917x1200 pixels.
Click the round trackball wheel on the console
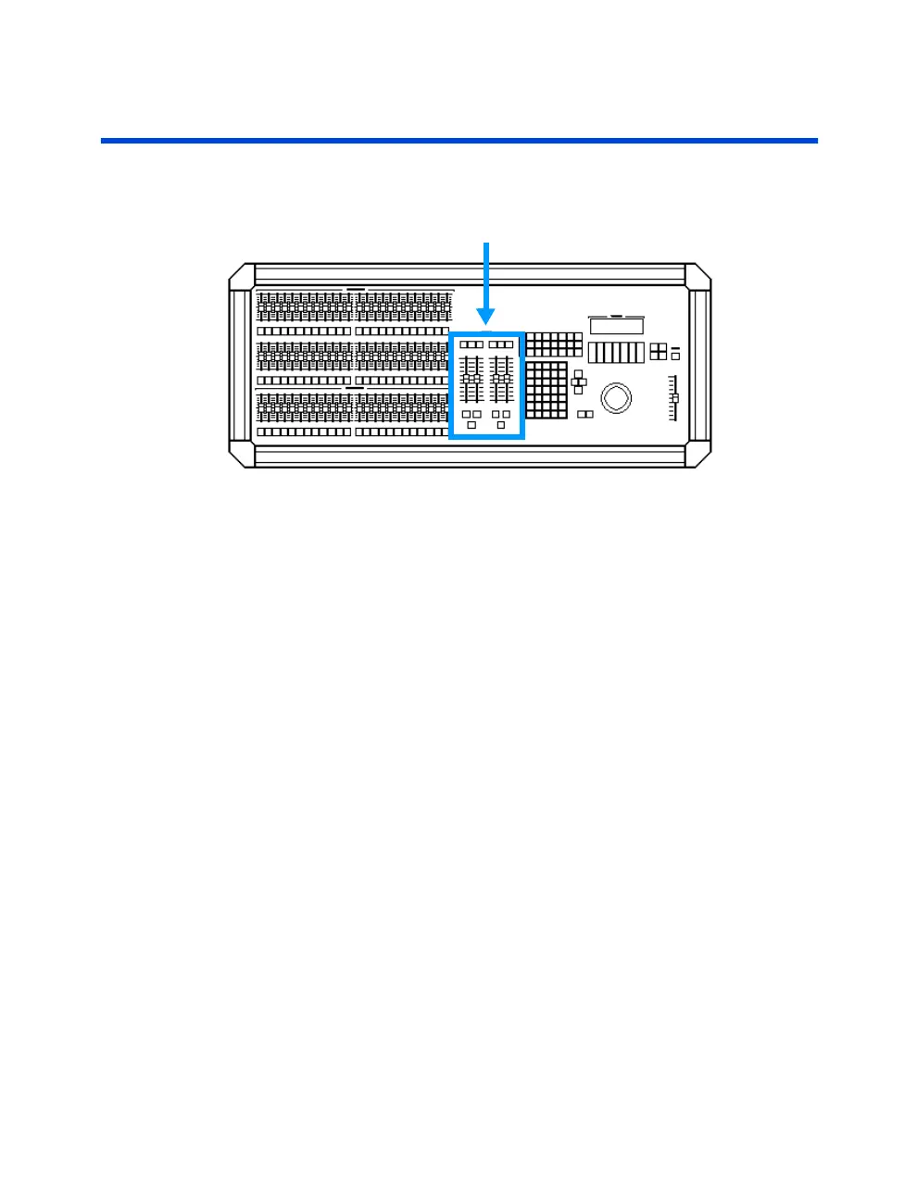click(616, 398)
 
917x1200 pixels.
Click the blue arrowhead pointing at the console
click(486, 318)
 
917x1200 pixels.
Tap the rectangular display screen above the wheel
click(616, 326)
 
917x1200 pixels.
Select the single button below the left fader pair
click(471, 425)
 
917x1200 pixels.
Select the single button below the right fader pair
click(501, 425)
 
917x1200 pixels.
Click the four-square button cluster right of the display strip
click(658, 351)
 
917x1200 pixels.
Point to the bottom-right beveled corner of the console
click(698, 455)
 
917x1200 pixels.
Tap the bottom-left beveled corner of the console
click(242, 455)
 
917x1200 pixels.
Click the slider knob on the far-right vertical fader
click(675, 398)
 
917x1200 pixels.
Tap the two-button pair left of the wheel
click(585, 415)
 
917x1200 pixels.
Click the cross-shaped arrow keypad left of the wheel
click(578, 381)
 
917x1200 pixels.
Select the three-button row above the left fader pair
click(471, 344)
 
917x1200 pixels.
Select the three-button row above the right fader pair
click(501, 344)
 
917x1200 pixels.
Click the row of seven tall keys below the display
click(615, 353)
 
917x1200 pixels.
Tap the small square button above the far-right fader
click(675, 356)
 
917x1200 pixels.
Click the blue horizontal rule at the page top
click(458, 141)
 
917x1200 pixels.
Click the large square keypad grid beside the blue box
click(546, 390)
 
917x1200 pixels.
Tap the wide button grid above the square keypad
click(554, 344)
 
